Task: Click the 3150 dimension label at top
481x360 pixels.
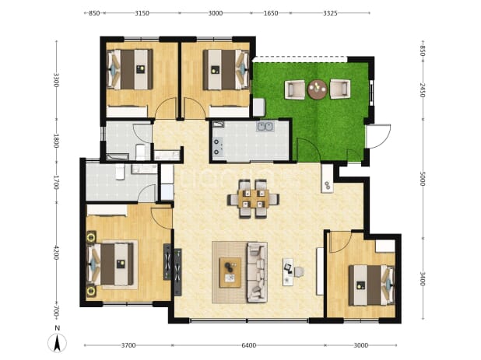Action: click(x=142, y=13)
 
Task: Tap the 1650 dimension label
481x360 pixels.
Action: click(x=271, y=13)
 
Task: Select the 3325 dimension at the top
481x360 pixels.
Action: click(x=330, y=13)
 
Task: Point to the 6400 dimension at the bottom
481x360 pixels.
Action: click(x=249, y=345)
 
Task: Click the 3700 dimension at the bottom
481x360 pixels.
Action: click(x=128, y=345)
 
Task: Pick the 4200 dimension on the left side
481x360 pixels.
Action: click(x=56, y=253)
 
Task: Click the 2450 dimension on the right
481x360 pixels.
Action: click(x=423, y=90)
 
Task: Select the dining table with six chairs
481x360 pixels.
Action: click(x=253, y=199)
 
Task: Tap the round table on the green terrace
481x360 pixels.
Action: click(x=318, y=89)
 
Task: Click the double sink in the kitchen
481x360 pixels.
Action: click(x=265, y=126)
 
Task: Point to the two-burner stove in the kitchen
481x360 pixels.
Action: click(x=217, y=147)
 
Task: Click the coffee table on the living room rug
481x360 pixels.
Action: click(x=230, y=272)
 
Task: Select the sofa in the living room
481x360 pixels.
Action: click(x=258, y=272)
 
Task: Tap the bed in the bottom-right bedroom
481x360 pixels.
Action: click(x=371, y=285)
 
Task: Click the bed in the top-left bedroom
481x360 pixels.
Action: click(x=130, y=69)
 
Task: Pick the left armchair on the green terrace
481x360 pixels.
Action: click(x=295, y=89)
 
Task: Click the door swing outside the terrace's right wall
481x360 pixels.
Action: click(x=378, y=136)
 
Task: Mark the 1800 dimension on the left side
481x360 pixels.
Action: click(x=56, y=141)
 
